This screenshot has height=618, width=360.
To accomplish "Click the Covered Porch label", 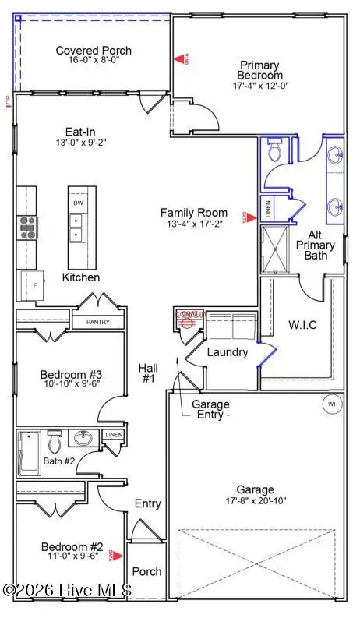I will (x=94, y=51).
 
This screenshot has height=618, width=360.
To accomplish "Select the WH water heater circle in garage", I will (x=333, y=404).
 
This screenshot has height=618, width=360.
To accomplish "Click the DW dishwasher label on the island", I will (x=78, y=203).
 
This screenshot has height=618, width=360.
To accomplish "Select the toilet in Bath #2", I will (x=55, y=443).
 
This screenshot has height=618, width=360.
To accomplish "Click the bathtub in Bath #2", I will (x=29, y=453).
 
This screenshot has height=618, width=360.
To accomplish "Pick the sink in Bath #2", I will (x=83, y=437).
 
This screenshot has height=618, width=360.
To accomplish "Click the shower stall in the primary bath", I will (x=274, y=248).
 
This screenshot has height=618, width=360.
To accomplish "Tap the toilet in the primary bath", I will (x=274, y=151).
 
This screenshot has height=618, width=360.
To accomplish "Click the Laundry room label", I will (x=227, y=352).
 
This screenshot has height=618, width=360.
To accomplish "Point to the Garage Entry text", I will (x=210, y=410).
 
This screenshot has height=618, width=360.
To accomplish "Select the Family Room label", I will (x=194, y=212).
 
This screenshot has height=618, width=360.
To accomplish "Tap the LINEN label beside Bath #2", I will (x=114, y=434).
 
